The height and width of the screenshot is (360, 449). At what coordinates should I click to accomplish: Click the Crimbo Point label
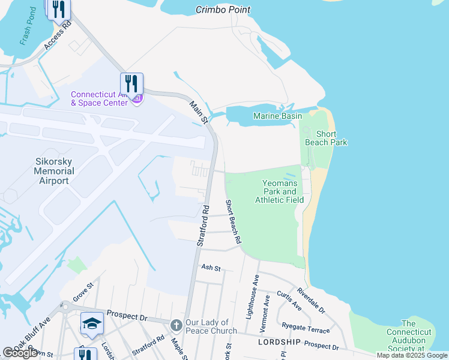click(223, 10)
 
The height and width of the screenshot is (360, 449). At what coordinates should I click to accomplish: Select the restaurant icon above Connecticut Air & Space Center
click(131, 83)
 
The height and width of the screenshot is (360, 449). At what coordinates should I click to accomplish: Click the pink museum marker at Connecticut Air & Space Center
click(137, 98)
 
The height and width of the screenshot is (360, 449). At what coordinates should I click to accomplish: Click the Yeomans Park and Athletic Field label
click(279, 191)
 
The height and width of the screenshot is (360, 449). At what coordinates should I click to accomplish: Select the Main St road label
click(198, 113)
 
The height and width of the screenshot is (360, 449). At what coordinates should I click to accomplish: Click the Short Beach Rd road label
click(233, 221)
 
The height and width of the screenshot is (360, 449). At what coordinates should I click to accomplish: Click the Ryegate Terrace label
click(306, 328)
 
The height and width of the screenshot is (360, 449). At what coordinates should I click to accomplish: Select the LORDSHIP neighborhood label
click(279, 341)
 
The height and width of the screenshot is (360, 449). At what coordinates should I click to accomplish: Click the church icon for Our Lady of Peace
click(176, 325)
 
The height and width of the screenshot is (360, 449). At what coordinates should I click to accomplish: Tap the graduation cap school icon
click(92, 323)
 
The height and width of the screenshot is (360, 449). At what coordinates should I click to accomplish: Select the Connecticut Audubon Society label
click(408, 336)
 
